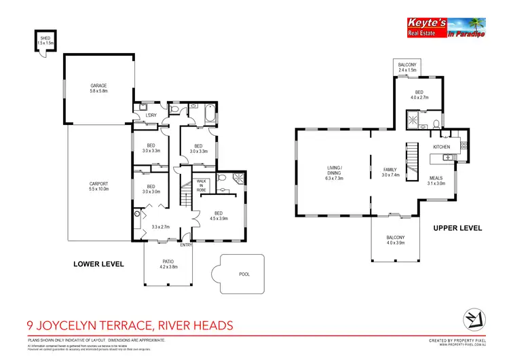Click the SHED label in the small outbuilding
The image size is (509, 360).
pyautogui.click(x=45, y=40)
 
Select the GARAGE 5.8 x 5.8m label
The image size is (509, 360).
pyautogui.click(x=99, y=88)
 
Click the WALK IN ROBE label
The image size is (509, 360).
pyautogui.click(x=202, y=185)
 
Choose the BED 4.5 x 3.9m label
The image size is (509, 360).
pyautogui.click(x=219, y=216)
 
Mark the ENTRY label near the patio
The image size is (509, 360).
pyautogui.click(x=187, y=245)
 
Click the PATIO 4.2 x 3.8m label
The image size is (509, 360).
pyautogui.click(x=168, y=265)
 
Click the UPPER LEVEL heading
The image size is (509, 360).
pyautogui.click(x=457, y=228)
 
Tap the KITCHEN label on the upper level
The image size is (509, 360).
pyautogui.click(x=442, y=147)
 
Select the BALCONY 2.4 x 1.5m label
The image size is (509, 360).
pyautogui.click(x=409, y=67)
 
